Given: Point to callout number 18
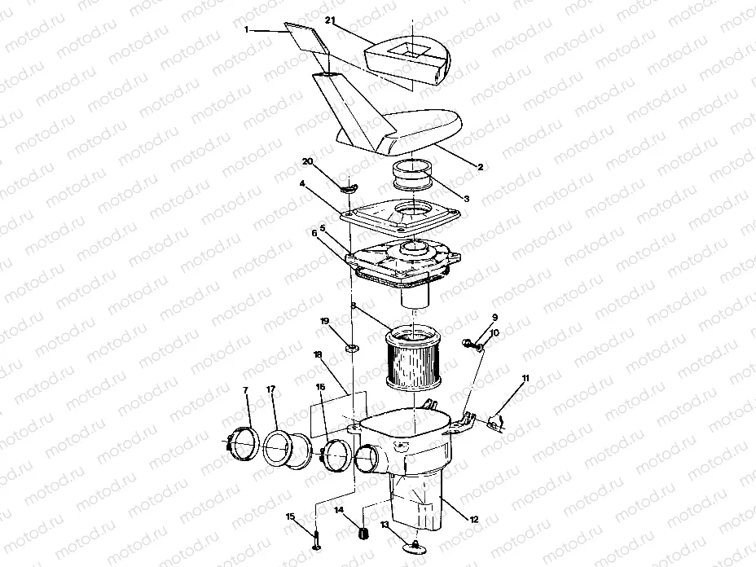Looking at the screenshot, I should [x=317, y=355].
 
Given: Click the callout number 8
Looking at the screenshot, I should [x=352, y=306].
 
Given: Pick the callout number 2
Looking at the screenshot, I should [x=481, y=166].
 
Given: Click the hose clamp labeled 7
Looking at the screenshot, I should [x=240, y=443].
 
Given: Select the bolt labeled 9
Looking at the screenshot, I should [x=471, y=342].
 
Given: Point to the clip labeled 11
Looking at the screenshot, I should [x=493, y=420].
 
